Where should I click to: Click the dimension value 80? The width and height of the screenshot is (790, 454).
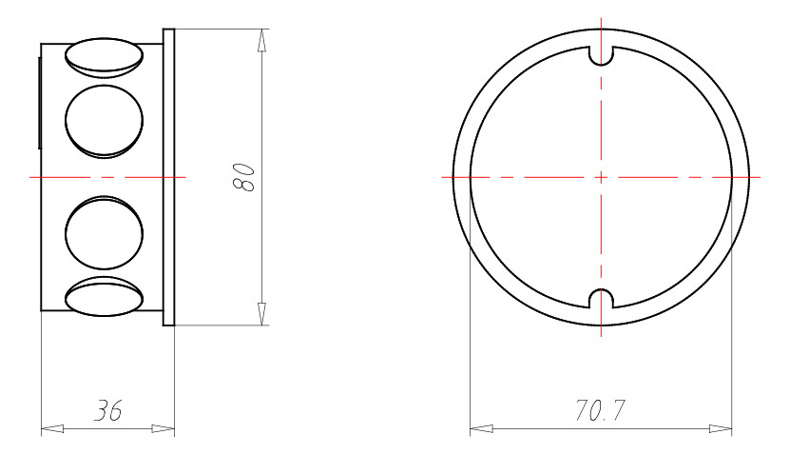pos(245,177)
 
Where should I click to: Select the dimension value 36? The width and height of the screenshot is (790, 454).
pos(107,411)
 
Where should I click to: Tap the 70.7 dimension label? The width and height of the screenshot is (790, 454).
pos(600,411)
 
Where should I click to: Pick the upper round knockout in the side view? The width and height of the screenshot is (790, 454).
pos(104,121)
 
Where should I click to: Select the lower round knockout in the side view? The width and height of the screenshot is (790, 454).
pos(104,233)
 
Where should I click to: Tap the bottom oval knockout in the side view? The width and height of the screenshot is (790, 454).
pos(103,296)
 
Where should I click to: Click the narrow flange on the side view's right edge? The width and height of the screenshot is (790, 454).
pos(169,177)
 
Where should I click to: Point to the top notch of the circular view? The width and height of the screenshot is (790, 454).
pos(601,55)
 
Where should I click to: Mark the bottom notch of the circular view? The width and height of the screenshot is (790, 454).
pos(601,299)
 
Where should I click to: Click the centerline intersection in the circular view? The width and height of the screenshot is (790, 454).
pos(601,177)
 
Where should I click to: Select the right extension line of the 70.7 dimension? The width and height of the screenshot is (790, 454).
pos(732,333)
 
